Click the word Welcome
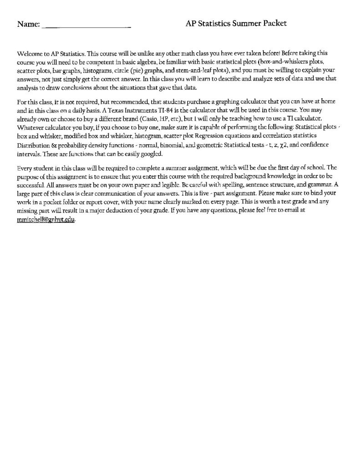coord(28,53)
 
